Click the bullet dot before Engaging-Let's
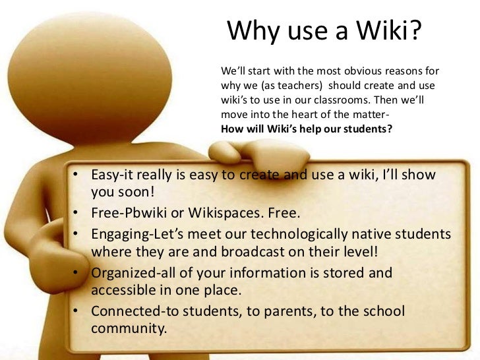tap(77, 235)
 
